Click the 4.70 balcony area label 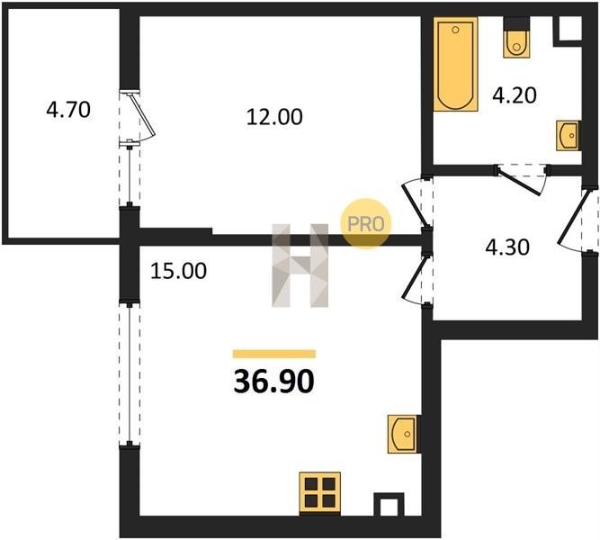68,110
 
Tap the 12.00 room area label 274,117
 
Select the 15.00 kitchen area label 178,271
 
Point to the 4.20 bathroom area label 515,95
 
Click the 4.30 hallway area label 507,247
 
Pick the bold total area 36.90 274,382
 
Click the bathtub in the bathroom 455,64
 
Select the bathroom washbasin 569,136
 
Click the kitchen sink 404,434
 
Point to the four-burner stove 320,493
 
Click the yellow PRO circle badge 366,224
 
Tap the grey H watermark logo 300,265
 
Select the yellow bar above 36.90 274,354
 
